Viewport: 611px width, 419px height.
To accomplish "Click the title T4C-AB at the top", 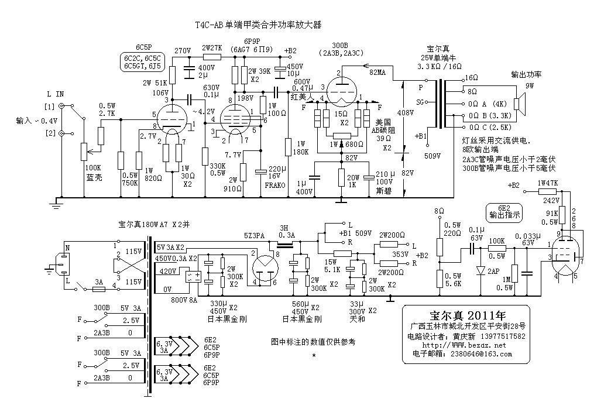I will coord(210,25).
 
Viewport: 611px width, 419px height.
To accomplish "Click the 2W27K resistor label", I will coord(211,48).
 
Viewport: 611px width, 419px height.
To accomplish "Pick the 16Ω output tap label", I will coord(471,78).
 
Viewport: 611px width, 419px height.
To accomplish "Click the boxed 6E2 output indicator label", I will coord(505,211).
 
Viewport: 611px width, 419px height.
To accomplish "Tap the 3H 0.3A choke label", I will coord(287,232).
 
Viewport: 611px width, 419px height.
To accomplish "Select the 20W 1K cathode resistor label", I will coord(352,181).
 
